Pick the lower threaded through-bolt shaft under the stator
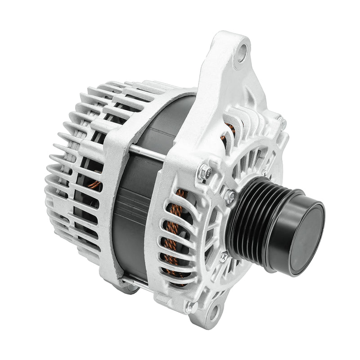click(x=135, y=283)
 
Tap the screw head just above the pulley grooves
click(x=230, y=196)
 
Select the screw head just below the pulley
click(x=224, y=256)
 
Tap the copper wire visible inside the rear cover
click(x=93, y=184)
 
